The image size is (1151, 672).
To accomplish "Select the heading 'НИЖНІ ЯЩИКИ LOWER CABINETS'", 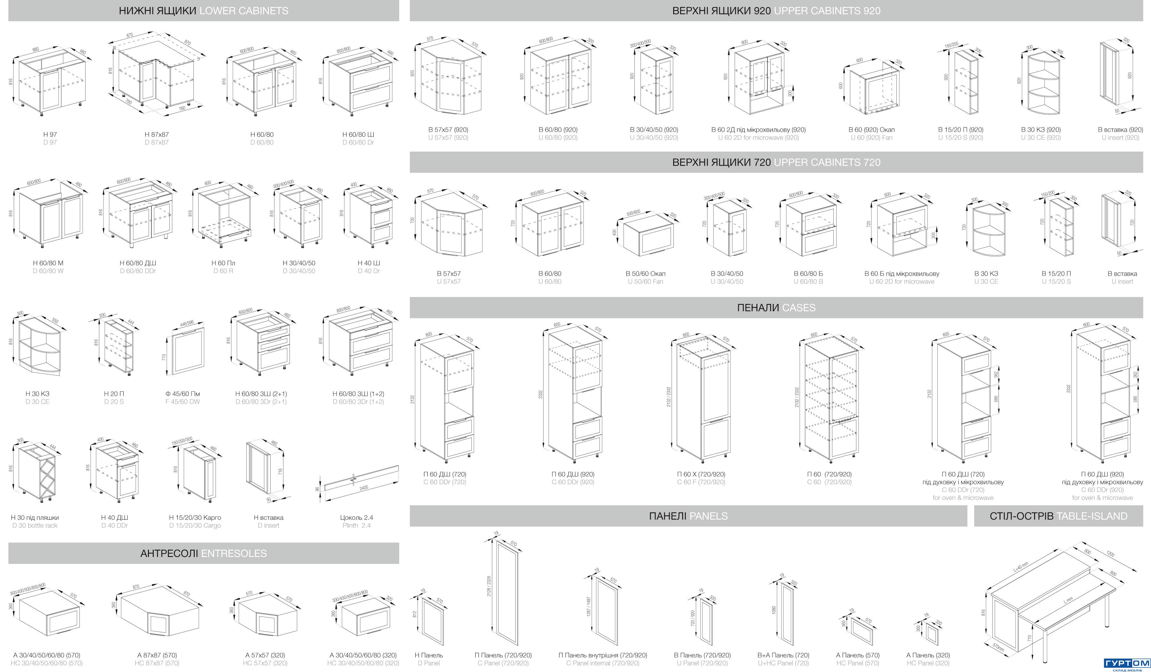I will (x=203, y=11).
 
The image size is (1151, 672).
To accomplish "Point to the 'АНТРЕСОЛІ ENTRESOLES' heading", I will (x=203, y=553).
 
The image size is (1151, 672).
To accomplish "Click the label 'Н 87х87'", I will (x=157, y=134).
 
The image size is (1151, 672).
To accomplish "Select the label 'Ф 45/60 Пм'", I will (x=183, y=394).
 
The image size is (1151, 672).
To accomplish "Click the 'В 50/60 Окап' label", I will (x=645, y=273).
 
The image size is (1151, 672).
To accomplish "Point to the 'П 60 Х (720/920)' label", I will (x=701, y=474).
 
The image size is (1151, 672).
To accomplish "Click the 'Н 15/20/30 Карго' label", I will (x=195, y=518).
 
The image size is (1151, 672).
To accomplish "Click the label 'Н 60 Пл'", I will (x=223, y=263).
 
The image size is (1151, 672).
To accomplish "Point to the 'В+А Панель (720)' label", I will (x=783, y=655).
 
